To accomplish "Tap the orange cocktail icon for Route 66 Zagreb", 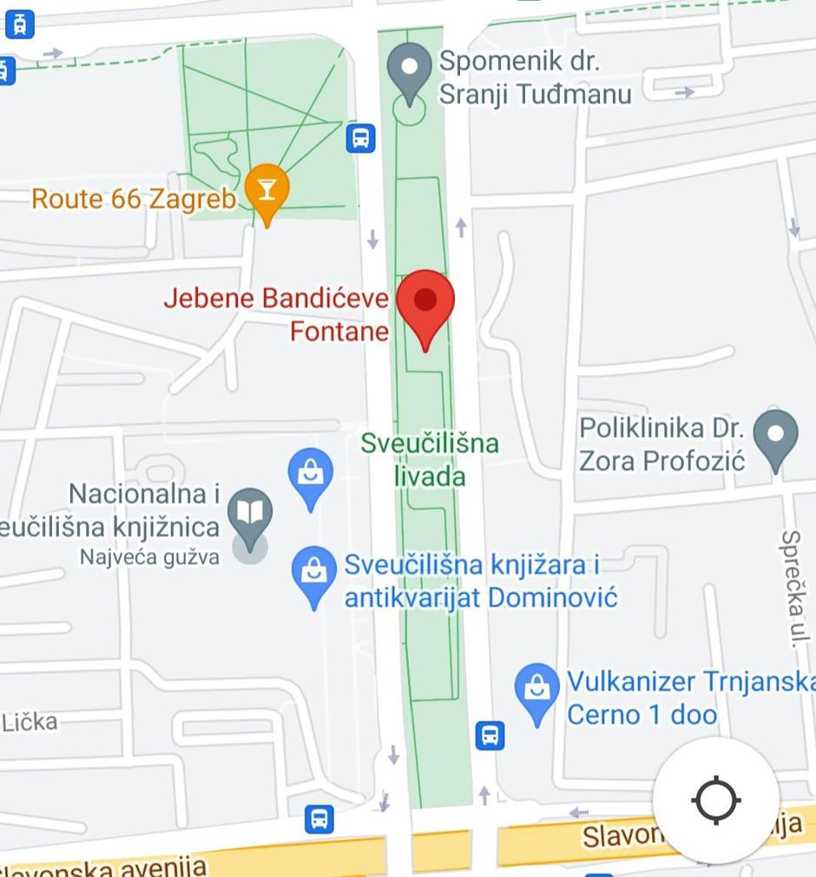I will coord(266,189).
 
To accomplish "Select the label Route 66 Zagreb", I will coord(134,199).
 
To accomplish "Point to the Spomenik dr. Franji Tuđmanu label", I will coord(534,77).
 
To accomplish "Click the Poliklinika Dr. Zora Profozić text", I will coord(661,444).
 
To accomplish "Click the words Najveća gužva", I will coord(149,557).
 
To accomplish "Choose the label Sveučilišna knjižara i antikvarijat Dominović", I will coord(480,581).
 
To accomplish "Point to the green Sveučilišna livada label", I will coord(430,459).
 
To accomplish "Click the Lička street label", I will coord(30,722).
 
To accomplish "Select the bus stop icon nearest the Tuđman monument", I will coord(360,137).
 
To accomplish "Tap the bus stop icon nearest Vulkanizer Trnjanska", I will coord(490,735).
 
